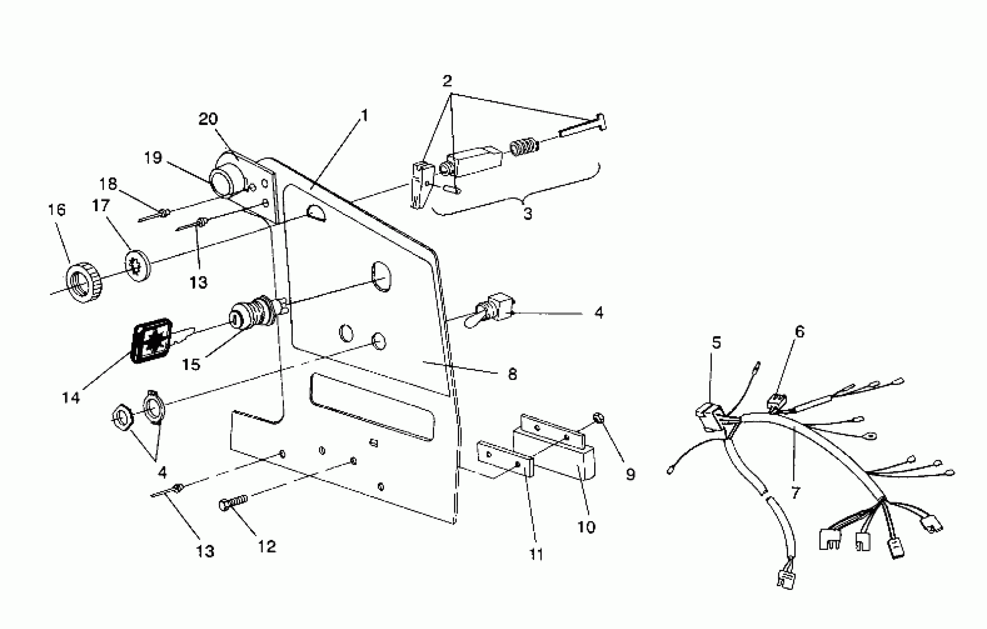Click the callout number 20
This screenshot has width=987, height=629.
208,119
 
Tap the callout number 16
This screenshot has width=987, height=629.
57,210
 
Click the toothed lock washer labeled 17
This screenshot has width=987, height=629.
138,266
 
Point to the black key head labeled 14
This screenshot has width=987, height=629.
152,340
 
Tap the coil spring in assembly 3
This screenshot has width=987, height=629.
523,146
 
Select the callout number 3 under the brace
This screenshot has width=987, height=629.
528,213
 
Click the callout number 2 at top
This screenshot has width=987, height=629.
447,81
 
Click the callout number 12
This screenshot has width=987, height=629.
267,546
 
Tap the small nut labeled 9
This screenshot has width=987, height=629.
598,418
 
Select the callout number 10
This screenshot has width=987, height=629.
586,527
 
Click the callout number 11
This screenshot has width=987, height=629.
536,554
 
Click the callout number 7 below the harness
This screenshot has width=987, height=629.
796,492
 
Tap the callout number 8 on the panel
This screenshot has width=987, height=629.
512,374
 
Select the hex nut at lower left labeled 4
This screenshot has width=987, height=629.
122,418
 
